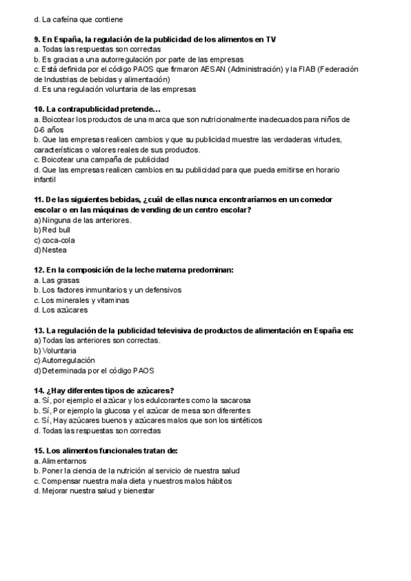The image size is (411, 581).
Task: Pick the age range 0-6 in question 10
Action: pyautogui.click(x=40, y=129)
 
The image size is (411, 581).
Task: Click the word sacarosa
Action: pyautogui.click(x=234, y=400)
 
